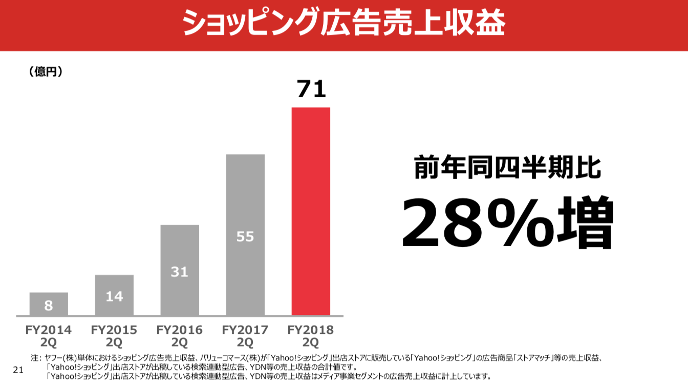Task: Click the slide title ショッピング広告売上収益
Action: (x=343, y=24)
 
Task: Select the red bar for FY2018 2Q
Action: (x=311, y=211)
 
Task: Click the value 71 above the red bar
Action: (x=311, y=89)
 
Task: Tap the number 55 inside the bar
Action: (x=245, y=237)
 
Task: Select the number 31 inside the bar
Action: (x=180, y=272)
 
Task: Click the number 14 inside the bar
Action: (x=114, y=296)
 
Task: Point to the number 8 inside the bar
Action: (x=49, y=306)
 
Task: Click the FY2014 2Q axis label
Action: (x=49, y=336)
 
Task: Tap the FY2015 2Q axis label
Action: (x=114, y=336)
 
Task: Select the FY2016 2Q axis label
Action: (x=180, y=336)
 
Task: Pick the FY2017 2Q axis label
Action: (x=245, y=336)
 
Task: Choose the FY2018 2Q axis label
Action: (x=311, y=336)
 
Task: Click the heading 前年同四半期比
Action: (x=507, y=167)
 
